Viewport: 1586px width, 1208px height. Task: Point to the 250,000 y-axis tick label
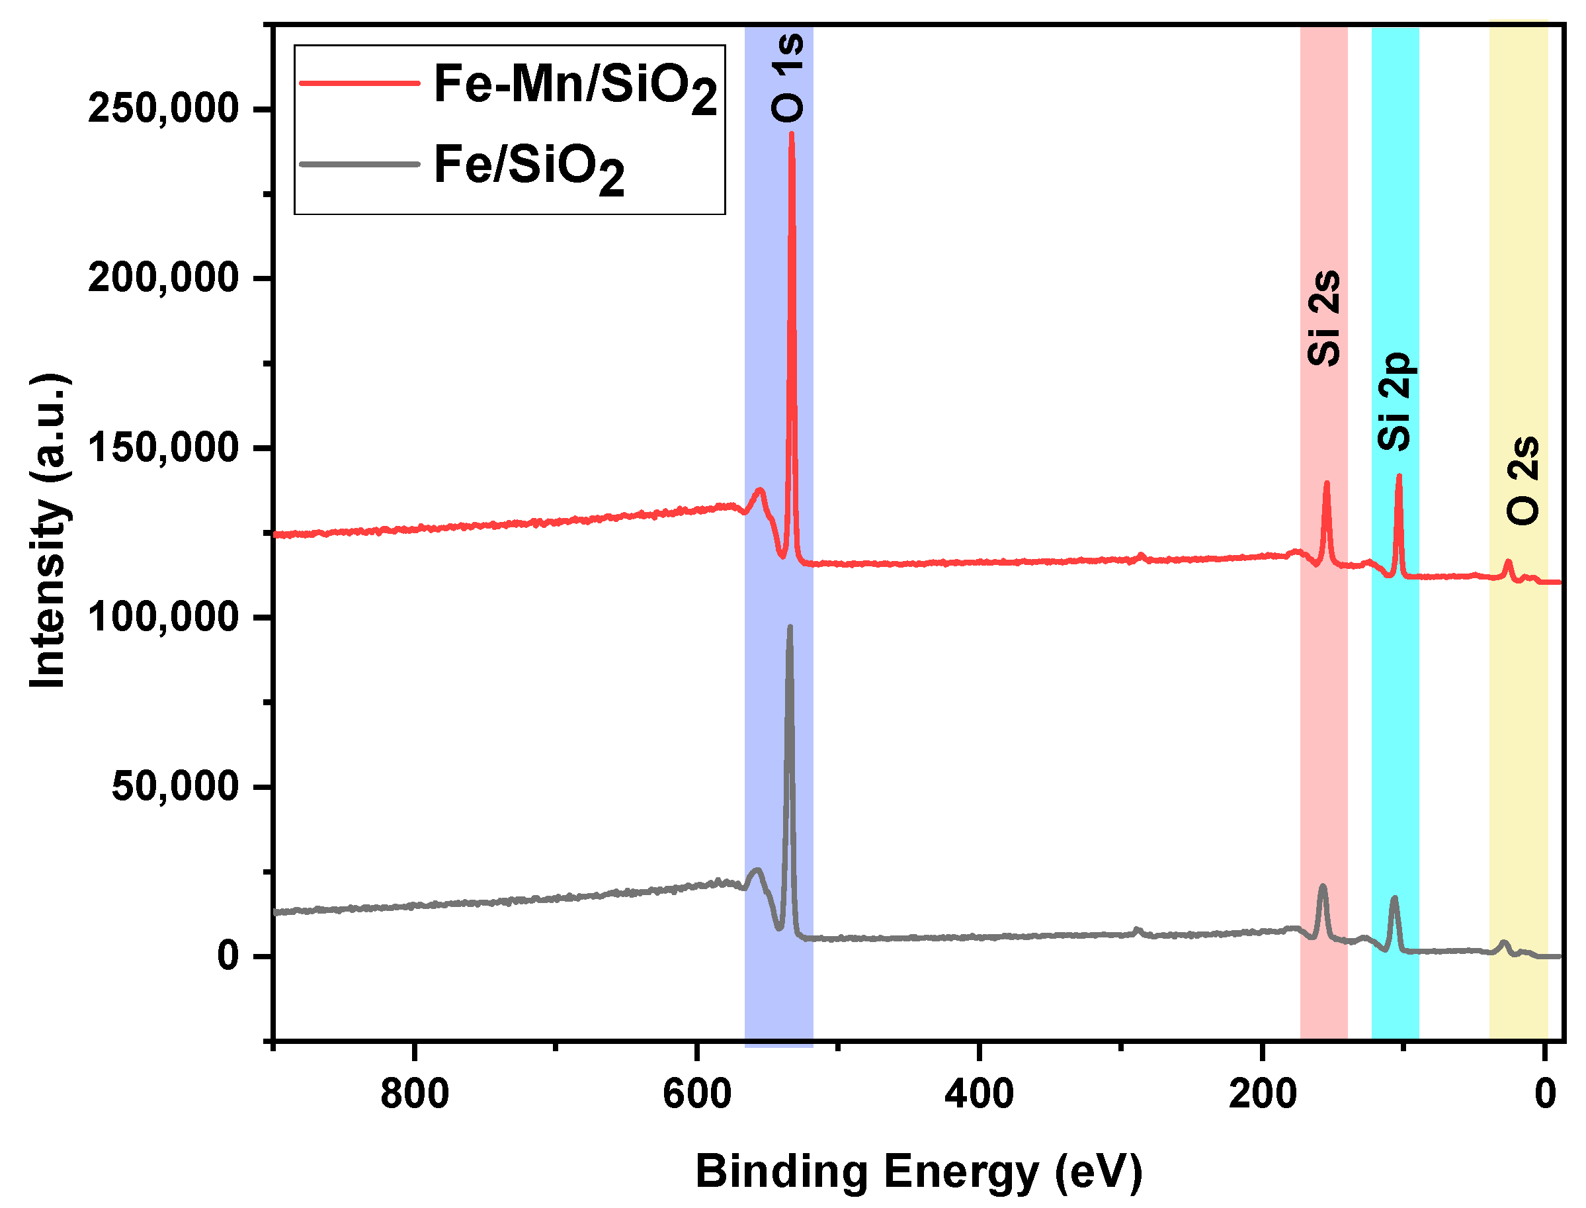163,109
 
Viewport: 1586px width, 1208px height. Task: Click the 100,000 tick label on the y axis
163,617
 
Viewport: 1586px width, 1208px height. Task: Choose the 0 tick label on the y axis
228,957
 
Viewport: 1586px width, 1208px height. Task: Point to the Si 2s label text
1324,318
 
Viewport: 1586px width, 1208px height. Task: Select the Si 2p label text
1396,401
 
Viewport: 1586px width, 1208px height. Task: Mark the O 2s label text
1523,480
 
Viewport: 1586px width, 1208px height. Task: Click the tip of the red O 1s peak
792,134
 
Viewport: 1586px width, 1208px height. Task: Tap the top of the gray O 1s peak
790,627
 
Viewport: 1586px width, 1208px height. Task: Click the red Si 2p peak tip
1399,476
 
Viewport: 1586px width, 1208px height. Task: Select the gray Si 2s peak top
1322,886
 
